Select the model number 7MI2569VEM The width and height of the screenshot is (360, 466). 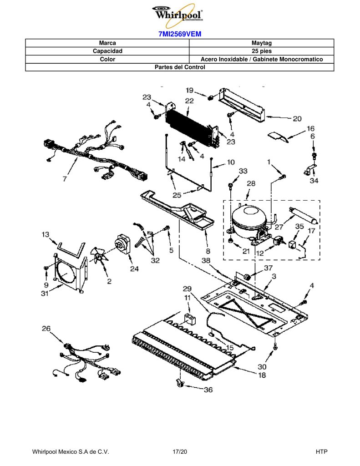tap(180, 34)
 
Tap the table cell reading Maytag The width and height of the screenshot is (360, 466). tap(261, 43)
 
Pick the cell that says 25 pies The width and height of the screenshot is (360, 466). tap(261, 51)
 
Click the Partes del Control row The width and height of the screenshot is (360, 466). tap(180, 67)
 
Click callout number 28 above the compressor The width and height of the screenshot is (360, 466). tap(251, 183)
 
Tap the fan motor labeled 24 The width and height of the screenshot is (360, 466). tap(122, 244)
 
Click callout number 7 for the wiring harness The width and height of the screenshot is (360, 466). tap(65, 179)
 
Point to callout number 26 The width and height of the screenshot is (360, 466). tap(46, 329)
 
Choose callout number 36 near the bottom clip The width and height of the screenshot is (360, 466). tap(208, 390)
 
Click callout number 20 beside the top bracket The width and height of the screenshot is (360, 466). tap(297, 119)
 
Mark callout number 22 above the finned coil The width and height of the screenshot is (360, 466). tap(189, 101)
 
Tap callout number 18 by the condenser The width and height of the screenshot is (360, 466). tap(262, 375)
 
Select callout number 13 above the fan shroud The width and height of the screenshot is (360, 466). tap(45, 234)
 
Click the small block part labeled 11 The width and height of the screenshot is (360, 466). tap(190, 319)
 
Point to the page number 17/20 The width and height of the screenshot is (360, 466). tap(180, 452)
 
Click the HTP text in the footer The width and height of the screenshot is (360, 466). tap(321, 452)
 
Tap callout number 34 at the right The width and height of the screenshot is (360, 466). tap(314, 180)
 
